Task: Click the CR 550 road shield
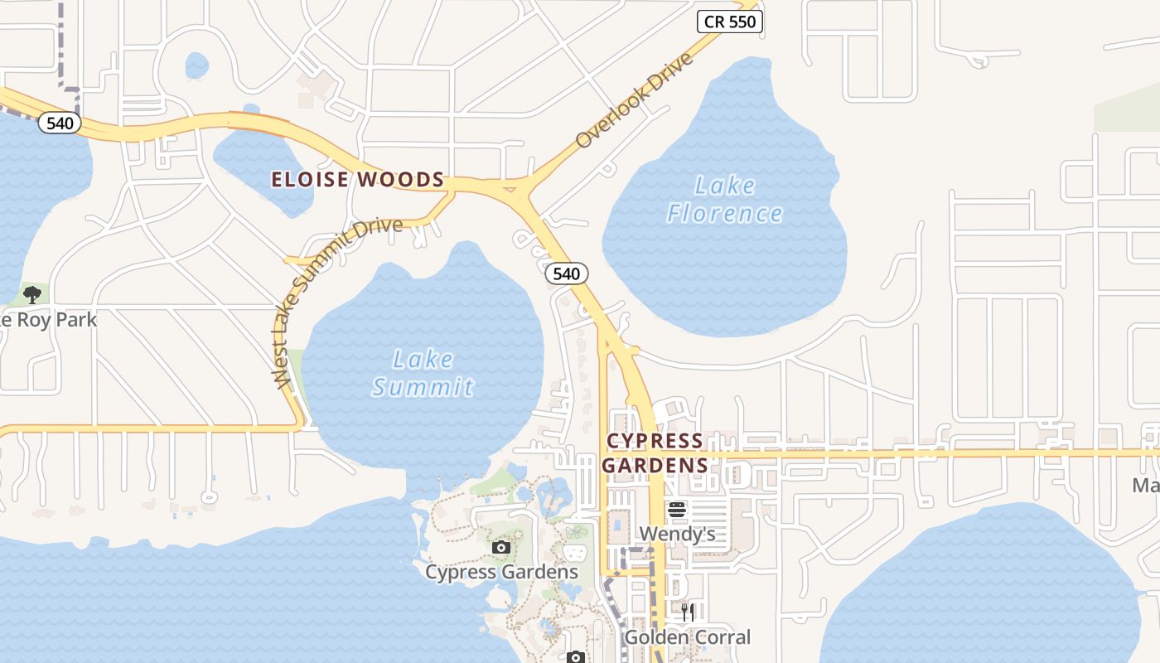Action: pos(729,22)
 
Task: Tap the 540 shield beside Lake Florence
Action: pos(567,273)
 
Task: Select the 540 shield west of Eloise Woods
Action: pos(60,123)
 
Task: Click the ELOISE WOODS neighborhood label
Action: pos(358,180)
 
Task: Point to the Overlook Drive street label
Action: pos(633,101)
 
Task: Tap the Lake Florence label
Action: pos(725,199)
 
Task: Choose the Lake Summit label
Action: pos(423,373)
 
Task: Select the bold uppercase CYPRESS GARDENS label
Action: pos(655,452)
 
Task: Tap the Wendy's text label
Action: pos(677,534)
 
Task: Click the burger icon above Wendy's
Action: pos(677,510)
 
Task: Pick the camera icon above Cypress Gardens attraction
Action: pos(500,547)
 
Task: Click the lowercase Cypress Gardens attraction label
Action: pos(501,572)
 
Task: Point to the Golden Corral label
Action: pos(687,637)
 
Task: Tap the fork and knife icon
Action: pos(687,612)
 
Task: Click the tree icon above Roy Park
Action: pos(32,294)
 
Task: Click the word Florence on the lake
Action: pos(725,214)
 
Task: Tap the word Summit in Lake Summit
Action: pos(423,387)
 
